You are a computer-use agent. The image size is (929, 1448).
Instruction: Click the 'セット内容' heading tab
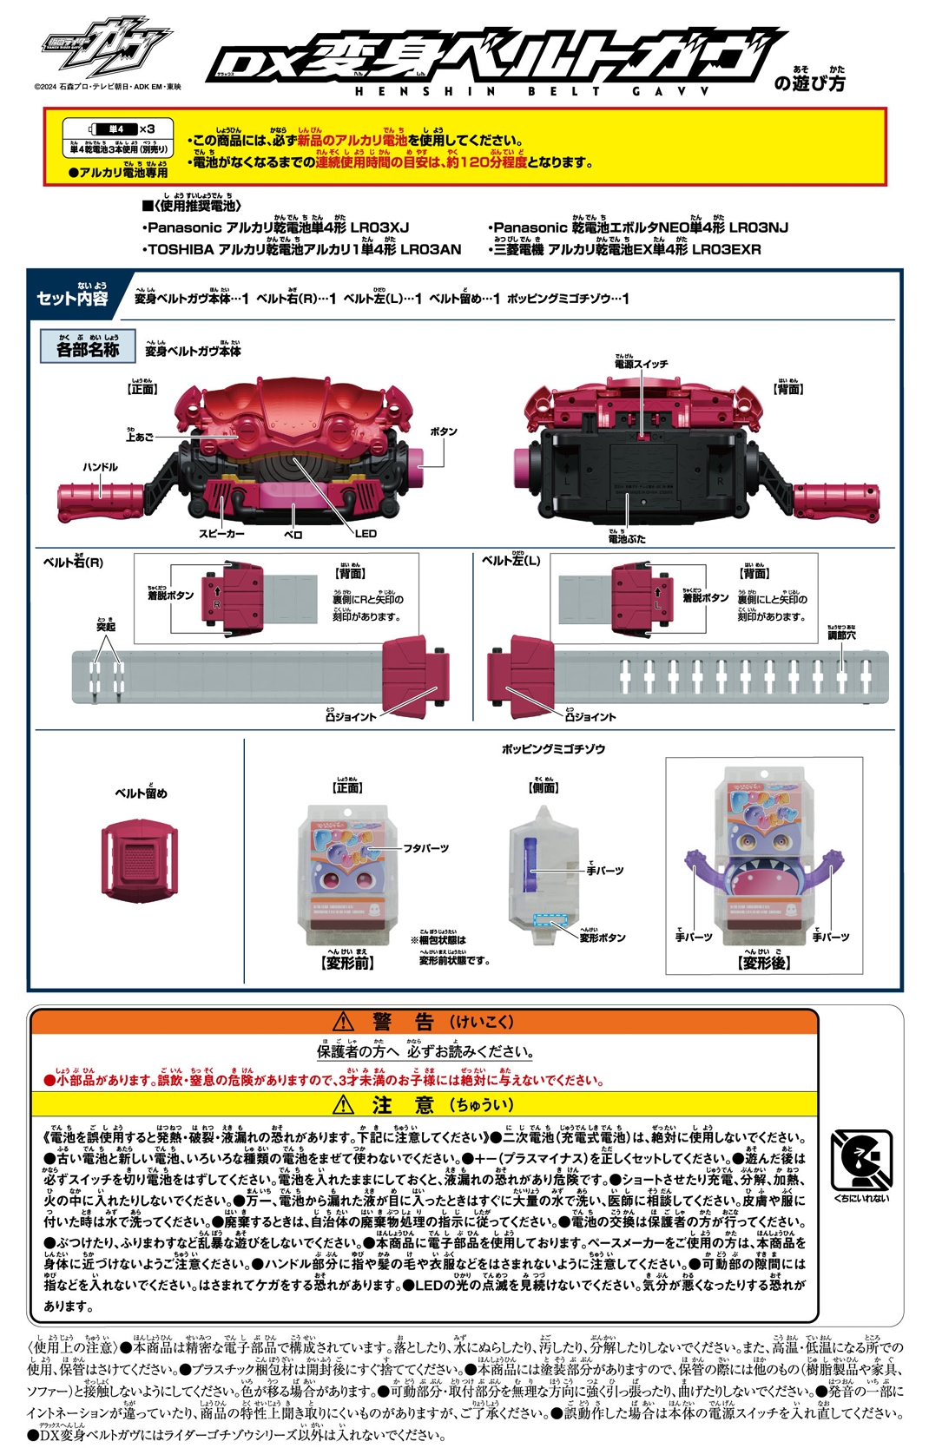(x=72, y=298)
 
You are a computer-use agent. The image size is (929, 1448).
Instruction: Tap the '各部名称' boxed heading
(x=87, y=348)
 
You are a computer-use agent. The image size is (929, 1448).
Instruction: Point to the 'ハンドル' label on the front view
(x=100, y=467)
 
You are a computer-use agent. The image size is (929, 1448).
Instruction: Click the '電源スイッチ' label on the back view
(x=641, y=364)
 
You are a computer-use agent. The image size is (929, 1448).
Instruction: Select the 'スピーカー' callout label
(x=221, y=534)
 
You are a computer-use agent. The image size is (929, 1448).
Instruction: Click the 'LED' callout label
(x=366, y=534)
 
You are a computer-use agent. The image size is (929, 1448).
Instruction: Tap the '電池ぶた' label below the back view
(x=626, y=539)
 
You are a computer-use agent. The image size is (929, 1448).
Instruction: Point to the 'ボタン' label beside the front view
(x=443, y=431)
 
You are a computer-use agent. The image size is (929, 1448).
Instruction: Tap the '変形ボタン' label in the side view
(x=602, y=938)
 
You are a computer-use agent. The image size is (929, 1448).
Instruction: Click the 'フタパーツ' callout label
(x=425, y=848)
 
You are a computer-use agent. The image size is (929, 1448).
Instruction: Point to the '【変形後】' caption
(x=764, y=963)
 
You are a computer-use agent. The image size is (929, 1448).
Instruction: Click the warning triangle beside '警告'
(x=344, y=1021)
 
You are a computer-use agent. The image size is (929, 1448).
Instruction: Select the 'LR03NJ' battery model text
(x=758, y=228)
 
